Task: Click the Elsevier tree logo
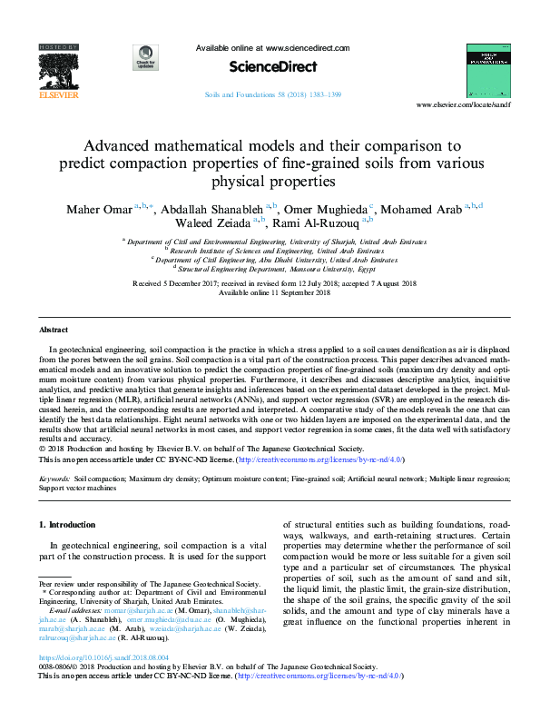point(57,68)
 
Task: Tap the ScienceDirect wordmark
point(272,67)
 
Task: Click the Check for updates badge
point(145,58)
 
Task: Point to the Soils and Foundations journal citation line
point(272,94)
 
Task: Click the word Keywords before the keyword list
point(55,477)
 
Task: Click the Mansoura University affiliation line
point(276,270)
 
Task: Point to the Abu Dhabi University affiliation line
point(276,260)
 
